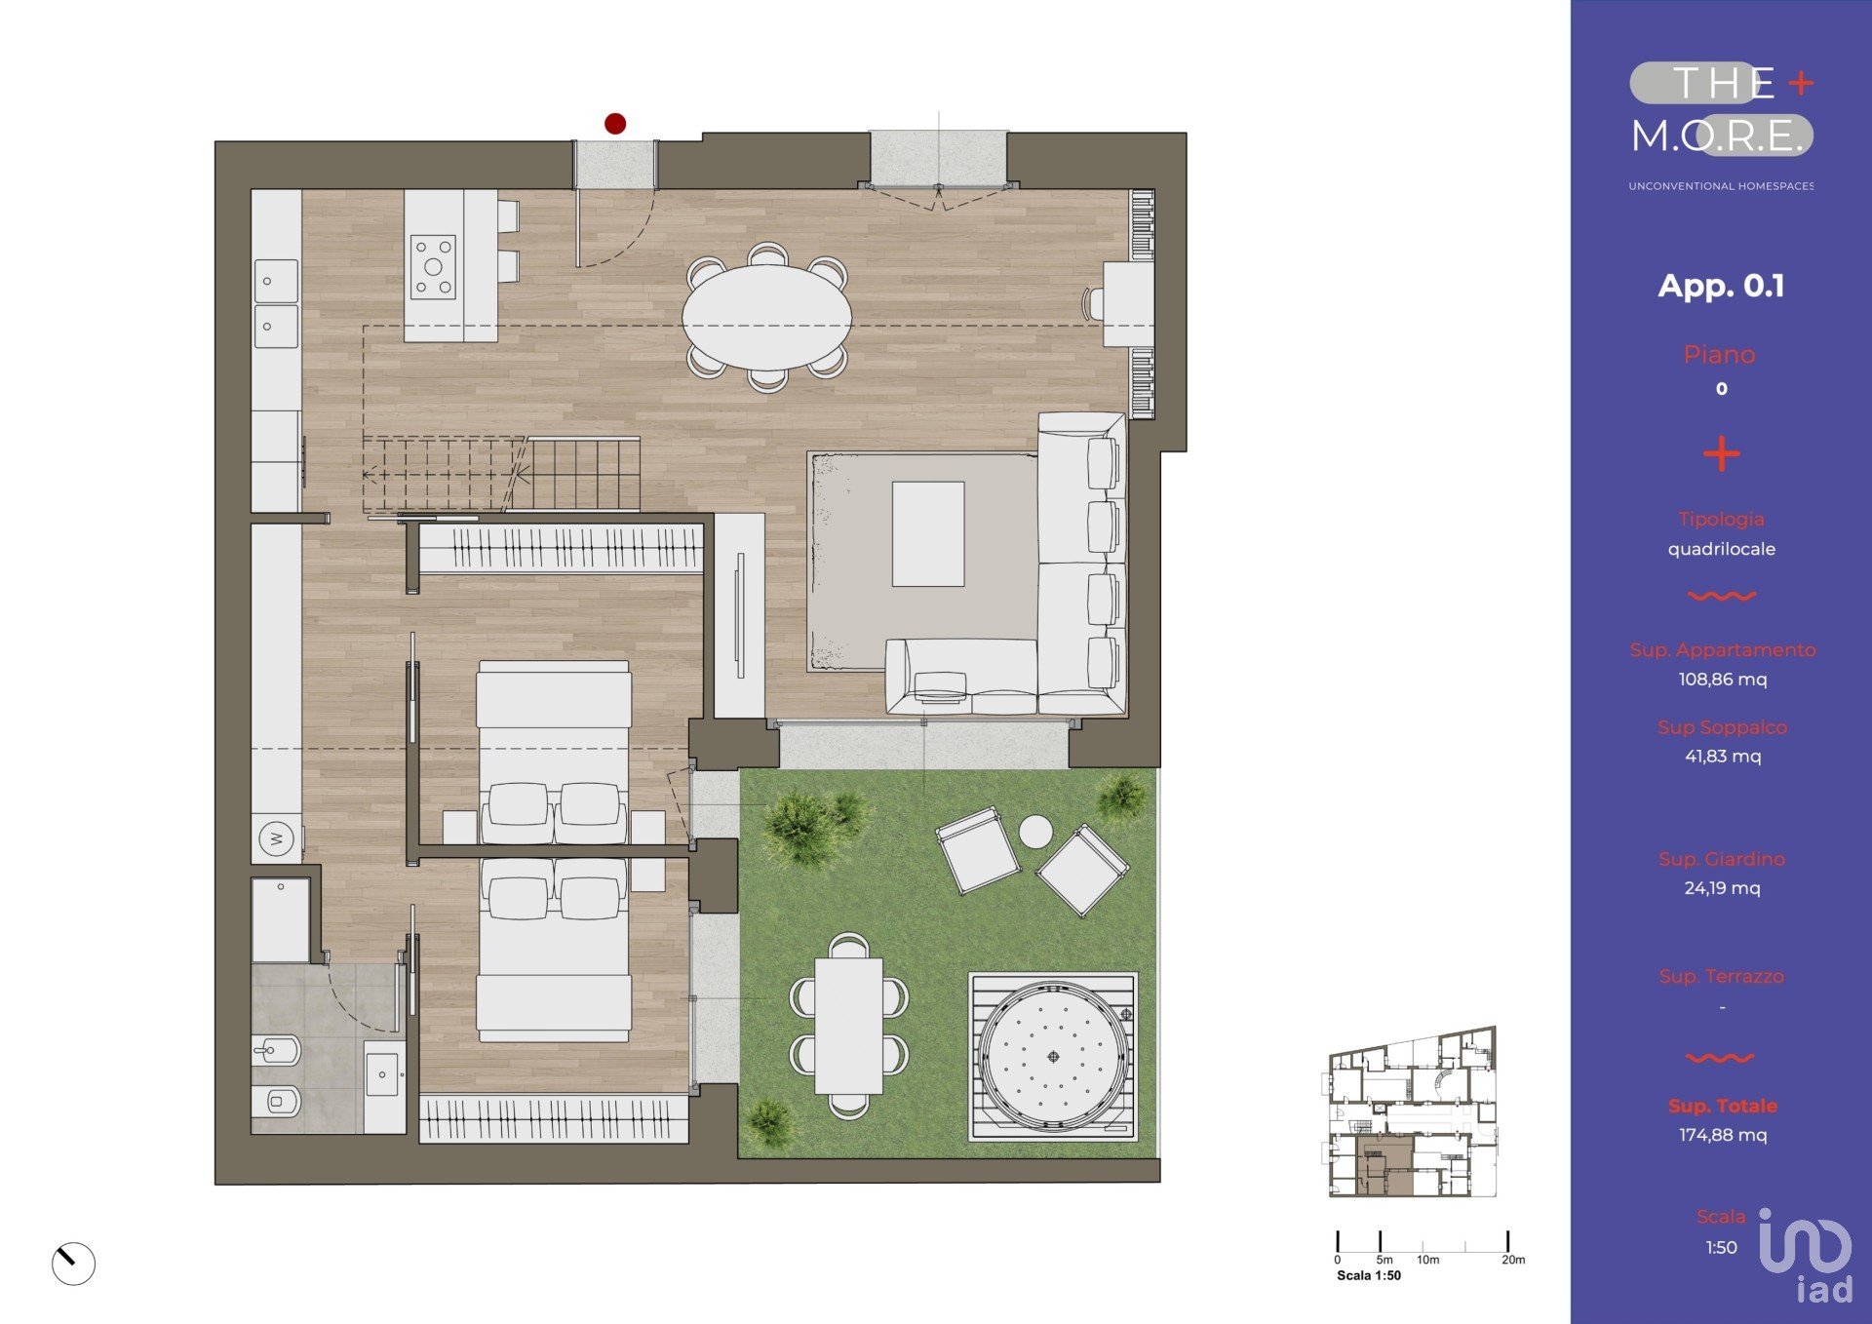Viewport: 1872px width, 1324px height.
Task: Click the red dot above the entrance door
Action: click(x=615, y=124)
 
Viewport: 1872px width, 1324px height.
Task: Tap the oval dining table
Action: click(x=766, y=318)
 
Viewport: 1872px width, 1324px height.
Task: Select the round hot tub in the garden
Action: click(x=1053, y=1057)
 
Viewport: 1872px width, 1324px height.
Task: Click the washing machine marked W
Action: click(x=277, y=838)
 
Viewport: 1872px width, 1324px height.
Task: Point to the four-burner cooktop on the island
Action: click(x=433, y=267)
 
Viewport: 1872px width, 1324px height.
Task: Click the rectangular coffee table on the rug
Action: click(x=928, y=534)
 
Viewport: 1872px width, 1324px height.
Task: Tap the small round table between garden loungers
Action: click(x=1035, y=832)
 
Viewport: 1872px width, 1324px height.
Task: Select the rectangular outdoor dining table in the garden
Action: click(x=849, y=1026)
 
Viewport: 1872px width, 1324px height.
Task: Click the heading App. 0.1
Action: click(x=1721, y=287)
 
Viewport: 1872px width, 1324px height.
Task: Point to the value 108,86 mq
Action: click(x=1722, y=680)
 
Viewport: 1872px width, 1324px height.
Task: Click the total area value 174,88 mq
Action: click(x=1722, y=1135)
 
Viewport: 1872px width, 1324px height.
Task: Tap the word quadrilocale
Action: click(x=1721, y=549)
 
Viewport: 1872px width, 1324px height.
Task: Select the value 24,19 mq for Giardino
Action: click(x=1722, y=888)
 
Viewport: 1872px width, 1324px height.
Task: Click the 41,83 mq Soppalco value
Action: click(x=1723, y=757)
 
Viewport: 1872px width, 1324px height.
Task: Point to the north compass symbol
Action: click(x=73, y=1264)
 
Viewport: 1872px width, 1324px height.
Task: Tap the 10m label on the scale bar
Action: click(x=1427, y=1260)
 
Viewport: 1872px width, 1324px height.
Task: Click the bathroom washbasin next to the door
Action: click(x=382, y=1072)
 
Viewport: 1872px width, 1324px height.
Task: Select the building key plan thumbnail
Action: click(x=1412, y=1111)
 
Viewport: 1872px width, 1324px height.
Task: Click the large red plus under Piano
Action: click(x=1721, y=453)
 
